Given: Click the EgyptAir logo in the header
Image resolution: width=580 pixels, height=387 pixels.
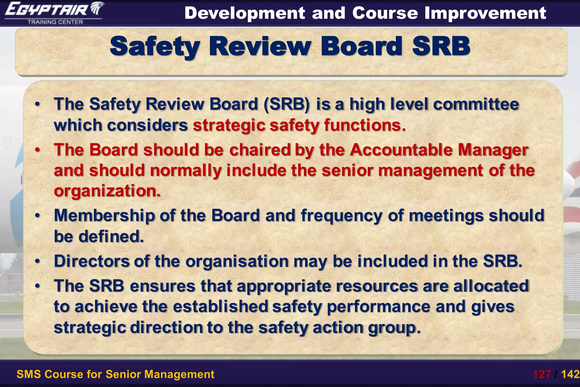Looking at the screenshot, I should [54, 10].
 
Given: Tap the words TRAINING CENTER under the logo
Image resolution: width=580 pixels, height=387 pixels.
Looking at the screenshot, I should [55, 22].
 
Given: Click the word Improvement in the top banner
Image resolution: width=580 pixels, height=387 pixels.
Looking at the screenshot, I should [485, 13].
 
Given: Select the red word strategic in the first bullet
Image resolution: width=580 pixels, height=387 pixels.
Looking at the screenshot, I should [229, 125].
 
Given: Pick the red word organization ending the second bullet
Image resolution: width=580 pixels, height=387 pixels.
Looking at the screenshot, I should [107, 191].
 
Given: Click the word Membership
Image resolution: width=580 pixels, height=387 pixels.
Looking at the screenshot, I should [104, 216].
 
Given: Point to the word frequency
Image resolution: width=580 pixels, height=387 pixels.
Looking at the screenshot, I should [342, 216].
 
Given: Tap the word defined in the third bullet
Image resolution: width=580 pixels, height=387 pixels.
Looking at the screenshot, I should [111, 237].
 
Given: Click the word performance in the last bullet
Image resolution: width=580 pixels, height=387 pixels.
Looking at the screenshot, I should [378, 307].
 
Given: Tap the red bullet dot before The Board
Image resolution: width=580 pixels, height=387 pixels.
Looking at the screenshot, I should [37, 150].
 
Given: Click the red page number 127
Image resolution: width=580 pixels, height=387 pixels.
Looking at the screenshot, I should [542, 374].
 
